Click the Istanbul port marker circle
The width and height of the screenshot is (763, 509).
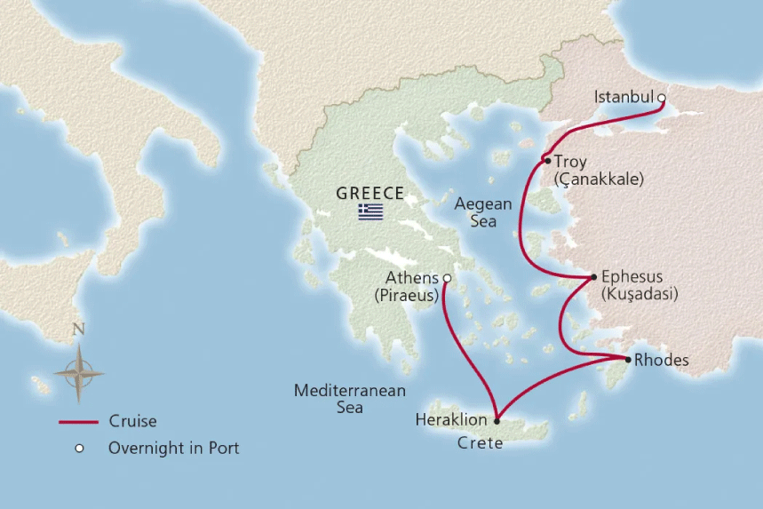pos(661,98)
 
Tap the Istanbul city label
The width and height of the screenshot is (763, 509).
pos(624,97)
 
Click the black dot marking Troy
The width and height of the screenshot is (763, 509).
pos(545,161)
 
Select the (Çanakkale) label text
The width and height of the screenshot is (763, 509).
pos(598,179)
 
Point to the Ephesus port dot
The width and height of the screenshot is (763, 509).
pos(593,277)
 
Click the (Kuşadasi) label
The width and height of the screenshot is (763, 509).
pos(639,294)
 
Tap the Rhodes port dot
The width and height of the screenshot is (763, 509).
pos(628,360)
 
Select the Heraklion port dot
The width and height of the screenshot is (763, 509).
pos(497,420)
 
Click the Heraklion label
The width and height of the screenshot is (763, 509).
pos(451,419)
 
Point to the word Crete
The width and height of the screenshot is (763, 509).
pos(480,442)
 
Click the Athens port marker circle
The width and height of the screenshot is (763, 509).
pos(447,278)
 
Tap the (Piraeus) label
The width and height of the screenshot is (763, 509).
pos(406,295)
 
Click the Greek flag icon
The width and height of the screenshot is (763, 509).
pos(370,211)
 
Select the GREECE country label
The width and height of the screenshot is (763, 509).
pos(370,193)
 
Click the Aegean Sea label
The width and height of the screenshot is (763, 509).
pos(483,212)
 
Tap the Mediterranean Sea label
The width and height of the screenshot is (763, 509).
pos(350,399)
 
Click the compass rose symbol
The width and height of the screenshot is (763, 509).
pos(78,371)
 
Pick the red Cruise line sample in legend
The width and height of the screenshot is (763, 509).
pos(78,422)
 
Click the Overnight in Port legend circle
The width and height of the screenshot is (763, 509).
pos(78,449)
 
